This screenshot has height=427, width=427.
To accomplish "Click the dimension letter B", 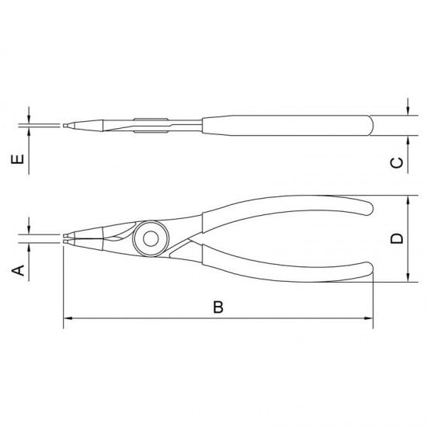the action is point(218,307).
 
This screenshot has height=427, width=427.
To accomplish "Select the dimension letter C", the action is point(397,162).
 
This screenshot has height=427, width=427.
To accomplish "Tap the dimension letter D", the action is point(397,238).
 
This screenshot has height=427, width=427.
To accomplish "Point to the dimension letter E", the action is point(17,159).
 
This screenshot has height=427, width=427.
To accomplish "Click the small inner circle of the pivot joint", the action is point(151,239).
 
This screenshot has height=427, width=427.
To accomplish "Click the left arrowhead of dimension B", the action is point(68,318).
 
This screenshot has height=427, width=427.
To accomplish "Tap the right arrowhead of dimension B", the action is point(369,318).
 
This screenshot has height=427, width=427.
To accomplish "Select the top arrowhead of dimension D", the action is point(408,200).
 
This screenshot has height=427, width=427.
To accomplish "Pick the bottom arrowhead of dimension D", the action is point(408,277).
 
